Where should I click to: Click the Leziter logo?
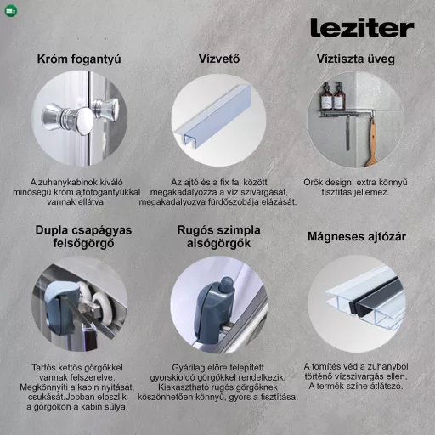click(361, 28)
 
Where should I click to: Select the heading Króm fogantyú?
click(79, 59)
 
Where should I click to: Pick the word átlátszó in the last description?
click(385, 387)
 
